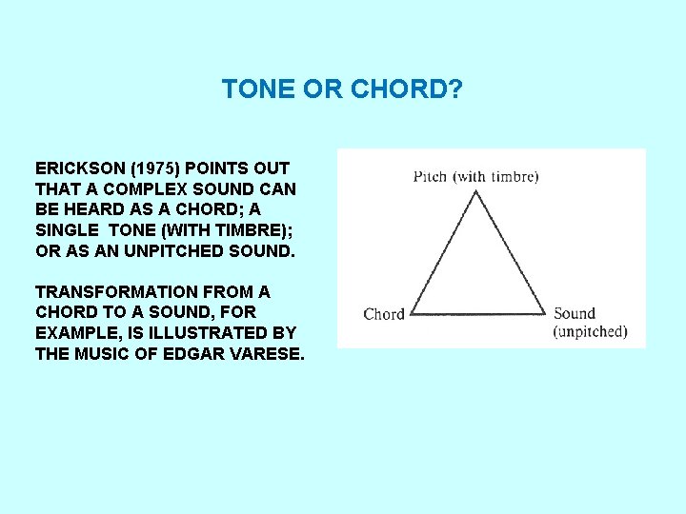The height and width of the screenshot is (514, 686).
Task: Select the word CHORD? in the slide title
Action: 407,89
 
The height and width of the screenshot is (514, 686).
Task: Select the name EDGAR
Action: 185,354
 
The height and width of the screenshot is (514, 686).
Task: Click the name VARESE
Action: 263,354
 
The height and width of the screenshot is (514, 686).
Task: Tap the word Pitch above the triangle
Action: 429,176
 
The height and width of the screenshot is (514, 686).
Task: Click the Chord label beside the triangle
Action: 384,314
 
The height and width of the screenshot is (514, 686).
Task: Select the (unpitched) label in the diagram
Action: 590,332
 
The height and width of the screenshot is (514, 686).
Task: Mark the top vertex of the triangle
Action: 475,191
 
